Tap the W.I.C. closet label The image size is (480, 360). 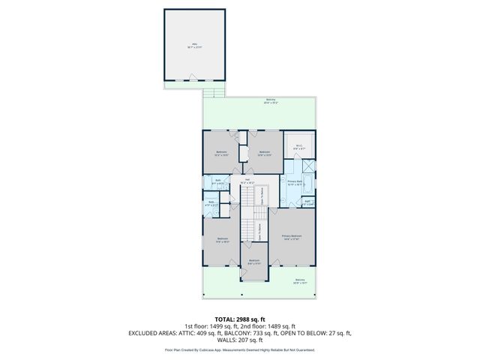pyautogui.click(x=298, y=147)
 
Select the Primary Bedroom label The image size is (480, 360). pyautogui.click(x=291, y=237)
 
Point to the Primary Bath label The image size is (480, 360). pyautogui.click(x=294, y=182)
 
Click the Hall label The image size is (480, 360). pyautogui.click(x=247, y=181)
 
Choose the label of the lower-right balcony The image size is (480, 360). pyautogui.click(x=301, y=282)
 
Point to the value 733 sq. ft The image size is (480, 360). pyautogui.click(x=265, y=333)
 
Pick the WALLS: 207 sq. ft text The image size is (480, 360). pyautogui.click(x=240, y=340)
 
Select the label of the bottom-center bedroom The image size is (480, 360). pyautogui.click(x=254, y=262)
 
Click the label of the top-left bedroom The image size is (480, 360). pyautogui.click(x=221, y=154)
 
